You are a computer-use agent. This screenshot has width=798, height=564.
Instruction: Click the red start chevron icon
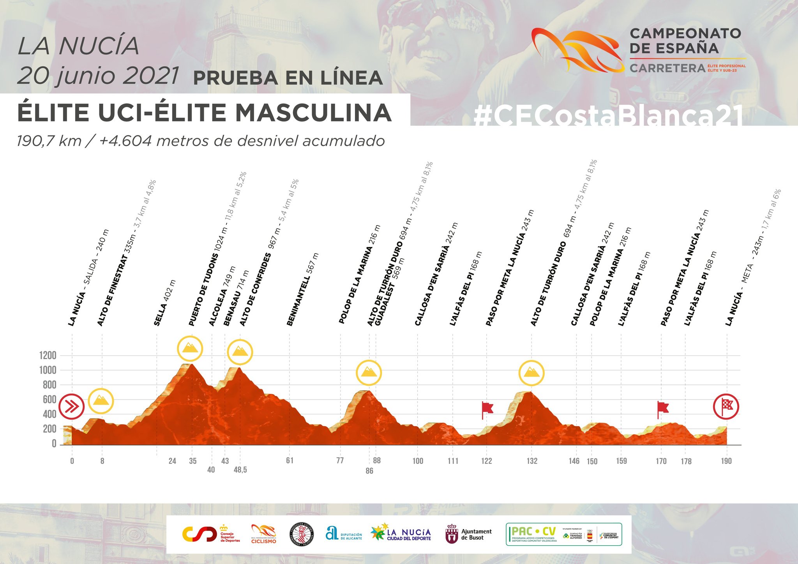pos(72,407)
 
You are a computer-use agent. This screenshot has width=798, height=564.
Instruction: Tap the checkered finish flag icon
pos(726,406)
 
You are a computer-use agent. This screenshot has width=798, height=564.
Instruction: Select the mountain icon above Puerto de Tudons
pos(190,348)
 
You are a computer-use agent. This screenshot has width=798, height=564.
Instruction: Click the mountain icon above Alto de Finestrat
pos(101,400)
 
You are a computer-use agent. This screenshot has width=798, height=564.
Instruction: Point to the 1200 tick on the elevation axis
pos(48,355)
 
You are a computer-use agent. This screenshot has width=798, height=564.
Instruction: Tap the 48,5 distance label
pos(240,470)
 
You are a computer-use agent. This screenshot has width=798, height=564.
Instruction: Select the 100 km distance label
pos(418,461)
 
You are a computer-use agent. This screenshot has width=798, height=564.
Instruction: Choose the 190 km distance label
pos(726,461)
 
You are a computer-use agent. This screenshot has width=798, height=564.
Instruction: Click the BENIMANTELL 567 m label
pos(303,289)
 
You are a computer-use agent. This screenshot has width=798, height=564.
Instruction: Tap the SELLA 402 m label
pos(165,303)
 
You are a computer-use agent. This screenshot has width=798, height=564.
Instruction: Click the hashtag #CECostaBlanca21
pos(608,116)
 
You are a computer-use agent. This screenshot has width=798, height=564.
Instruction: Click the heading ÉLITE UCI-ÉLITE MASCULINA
pos(204,113)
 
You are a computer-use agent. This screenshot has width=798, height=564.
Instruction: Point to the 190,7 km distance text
pos(49,141)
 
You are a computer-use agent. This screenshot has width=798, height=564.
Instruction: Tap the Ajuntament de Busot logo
pos(469,534)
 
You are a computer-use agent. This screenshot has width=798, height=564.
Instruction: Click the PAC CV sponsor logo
pos(563,534)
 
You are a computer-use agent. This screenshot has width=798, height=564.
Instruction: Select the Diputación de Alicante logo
pos(344,534)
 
